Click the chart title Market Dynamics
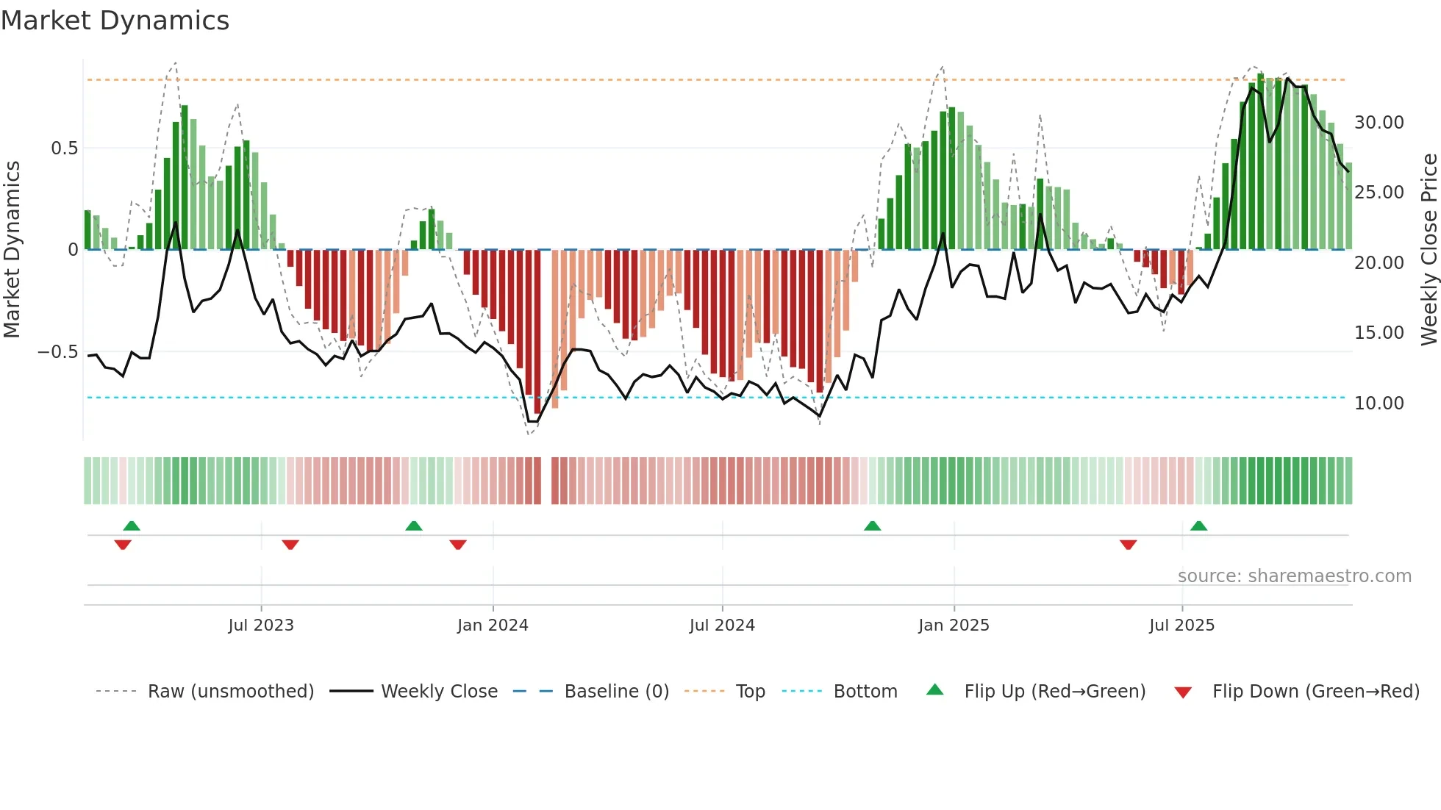(115, 21)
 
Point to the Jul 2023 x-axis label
(261, 626)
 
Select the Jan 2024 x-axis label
(493, 626)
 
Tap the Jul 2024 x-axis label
(722, 626)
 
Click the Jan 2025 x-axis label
(954, 626)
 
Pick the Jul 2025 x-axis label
(1181, 626)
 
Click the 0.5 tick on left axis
(64, 148)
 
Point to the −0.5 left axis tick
(57, 352)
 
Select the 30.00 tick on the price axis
(1379, 123)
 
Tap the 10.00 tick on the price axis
(1379, 404)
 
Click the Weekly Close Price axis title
(1429, 250)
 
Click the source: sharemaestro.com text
(1294, 576)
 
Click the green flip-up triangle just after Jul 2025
(1198, 526)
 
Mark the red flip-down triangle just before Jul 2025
(1128, 545)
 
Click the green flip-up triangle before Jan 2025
(872, 526)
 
